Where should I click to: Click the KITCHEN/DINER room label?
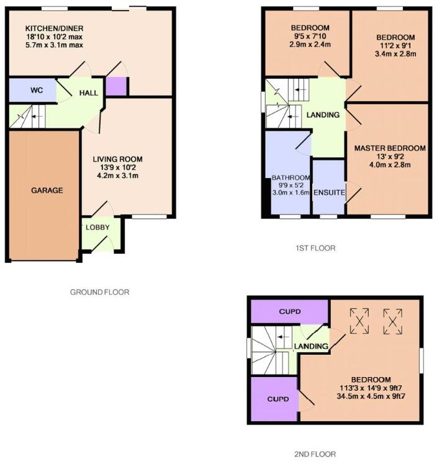tap(55, 29)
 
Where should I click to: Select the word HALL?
tap(88, 93)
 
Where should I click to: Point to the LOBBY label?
tap(97, 228)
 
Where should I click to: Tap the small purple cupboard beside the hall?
tap(115, 86)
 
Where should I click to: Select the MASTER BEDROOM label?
tap(390, 148)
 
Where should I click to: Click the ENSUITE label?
tap(329, 193)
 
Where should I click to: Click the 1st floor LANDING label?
tap(323, 115)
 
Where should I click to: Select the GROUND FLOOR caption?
tap(99, 292)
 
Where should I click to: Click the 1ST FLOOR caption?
tap(316, 248)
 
